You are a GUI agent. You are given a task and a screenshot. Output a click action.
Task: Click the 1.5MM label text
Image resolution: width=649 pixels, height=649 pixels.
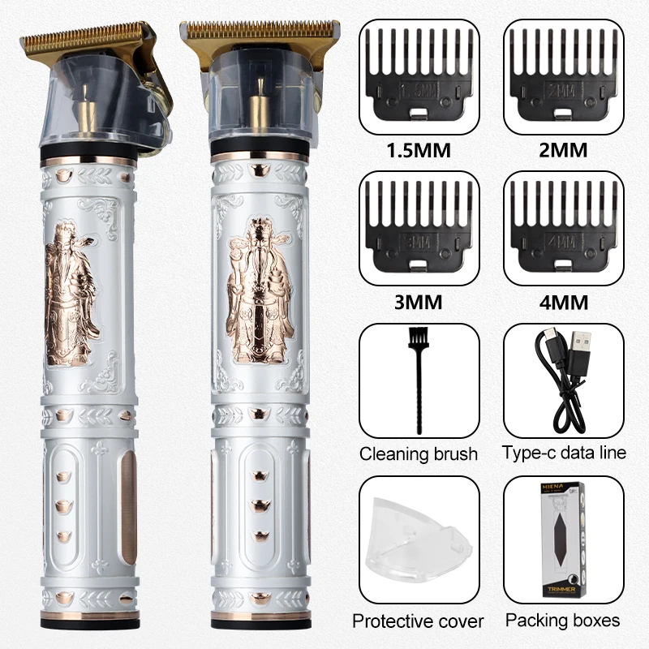coord(419,151)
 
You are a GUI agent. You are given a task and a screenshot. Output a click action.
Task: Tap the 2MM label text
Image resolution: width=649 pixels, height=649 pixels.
coord(562,151)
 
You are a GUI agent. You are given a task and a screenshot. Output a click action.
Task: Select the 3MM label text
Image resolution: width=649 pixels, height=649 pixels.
coord(419,303)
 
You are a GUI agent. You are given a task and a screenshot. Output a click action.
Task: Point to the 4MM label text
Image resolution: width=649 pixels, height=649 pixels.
coord(562,303)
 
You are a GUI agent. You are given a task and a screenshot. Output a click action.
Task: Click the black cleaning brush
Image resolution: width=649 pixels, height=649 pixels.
coord(419,381)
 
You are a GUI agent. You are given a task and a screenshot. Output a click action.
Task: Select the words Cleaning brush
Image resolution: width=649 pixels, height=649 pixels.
coord(419,453)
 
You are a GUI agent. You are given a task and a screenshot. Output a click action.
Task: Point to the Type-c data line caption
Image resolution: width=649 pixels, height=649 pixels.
coord(564,453)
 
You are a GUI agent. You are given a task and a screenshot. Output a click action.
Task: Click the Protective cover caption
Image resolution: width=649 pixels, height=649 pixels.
coord(418,621)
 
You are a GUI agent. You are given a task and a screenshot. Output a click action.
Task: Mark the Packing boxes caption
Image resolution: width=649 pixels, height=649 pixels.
coord(563,621)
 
